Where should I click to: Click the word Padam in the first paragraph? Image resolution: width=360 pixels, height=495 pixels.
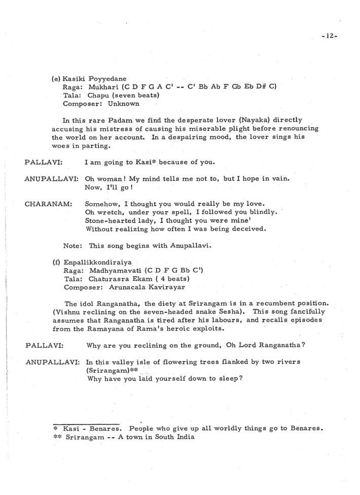(x=117, y=120)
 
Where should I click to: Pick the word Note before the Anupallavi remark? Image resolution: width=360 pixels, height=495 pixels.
(x=72, y=245)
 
